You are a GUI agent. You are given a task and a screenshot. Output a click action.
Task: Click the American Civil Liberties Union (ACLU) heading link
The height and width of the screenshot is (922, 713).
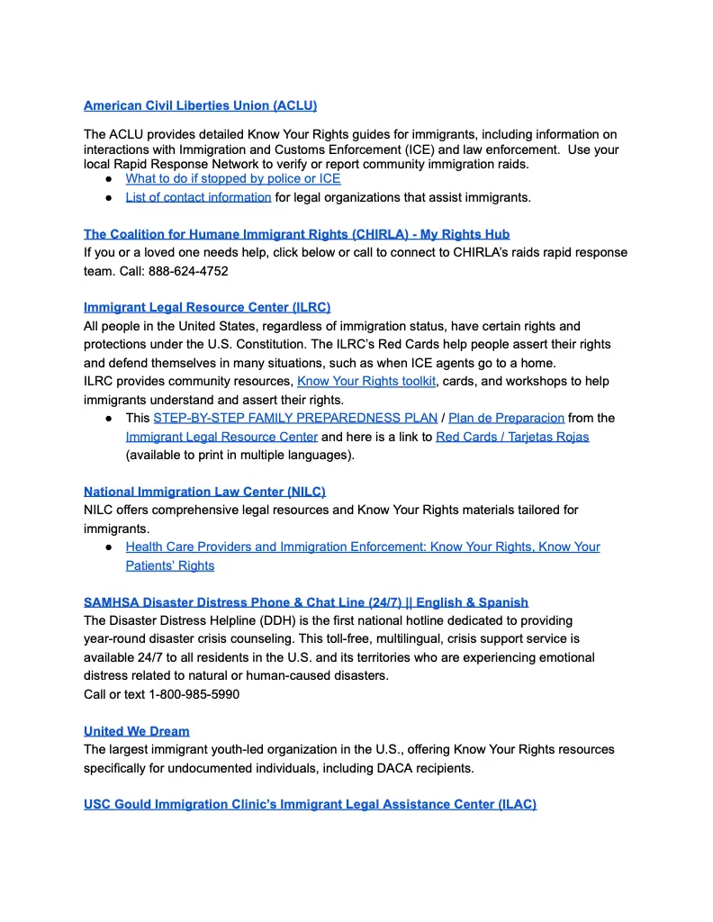coord(200,105)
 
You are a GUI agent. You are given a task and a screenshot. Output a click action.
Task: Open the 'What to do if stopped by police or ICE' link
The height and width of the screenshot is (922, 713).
coord(232,178)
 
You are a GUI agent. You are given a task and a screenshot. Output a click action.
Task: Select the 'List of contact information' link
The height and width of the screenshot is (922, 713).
coord(198,197)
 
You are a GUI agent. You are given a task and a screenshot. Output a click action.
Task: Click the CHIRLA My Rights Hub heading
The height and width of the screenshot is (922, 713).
coord(296,234)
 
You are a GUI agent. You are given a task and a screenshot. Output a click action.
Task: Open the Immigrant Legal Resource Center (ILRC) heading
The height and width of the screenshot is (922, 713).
coord(207,307)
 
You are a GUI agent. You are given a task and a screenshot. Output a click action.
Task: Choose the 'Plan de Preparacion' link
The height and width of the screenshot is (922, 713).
coord(506,418)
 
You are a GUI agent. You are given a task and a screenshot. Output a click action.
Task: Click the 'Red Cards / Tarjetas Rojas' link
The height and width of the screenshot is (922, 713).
coord(512,437)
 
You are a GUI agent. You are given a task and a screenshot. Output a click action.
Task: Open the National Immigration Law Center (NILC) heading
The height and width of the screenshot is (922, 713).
coord(204,492)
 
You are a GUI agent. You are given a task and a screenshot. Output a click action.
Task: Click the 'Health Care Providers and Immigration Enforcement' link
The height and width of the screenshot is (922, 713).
coord(363,547)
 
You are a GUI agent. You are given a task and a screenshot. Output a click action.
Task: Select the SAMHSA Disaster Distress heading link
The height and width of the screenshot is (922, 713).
coord(306,601)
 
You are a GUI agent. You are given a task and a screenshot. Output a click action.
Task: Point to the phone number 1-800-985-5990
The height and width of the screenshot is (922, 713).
coord(194,694)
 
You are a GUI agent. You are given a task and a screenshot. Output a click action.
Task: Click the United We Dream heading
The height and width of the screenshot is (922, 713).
coord(137,730)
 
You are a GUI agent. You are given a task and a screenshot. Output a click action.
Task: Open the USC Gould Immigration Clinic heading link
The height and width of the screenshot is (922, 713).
coord(310,804)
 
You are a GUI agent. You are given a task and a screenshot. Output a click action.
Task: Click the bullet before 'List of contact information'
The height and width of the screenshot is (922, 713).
coord(108,197)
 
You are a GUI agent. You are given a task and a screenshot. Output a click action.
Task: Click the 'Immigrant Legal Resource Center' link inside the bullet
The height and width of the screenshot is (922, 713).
coord(221,437)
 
